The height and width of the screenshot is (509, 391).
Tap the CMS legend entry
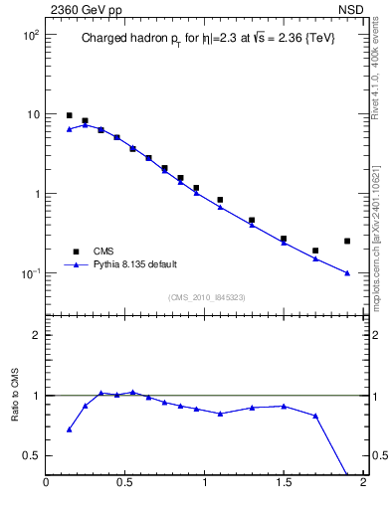[105, 252]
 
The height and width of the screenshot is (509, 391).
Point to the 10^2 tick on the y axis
[29, 35]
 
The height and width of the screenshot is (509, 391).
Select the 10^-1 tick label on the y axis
[29, 273]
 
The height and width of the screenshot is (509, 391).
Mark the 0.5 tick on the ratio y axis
[31, 455]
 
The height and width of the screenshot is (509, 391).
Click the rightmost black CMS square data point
[347, 241]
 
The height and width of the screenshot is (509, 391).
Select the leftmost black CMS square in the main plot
[69, 115]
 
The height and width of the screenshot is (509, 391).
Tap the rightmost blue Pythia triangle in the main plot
[347, 272]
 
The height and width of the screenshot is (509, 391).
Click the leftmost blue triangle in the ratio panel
[69, 429]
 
